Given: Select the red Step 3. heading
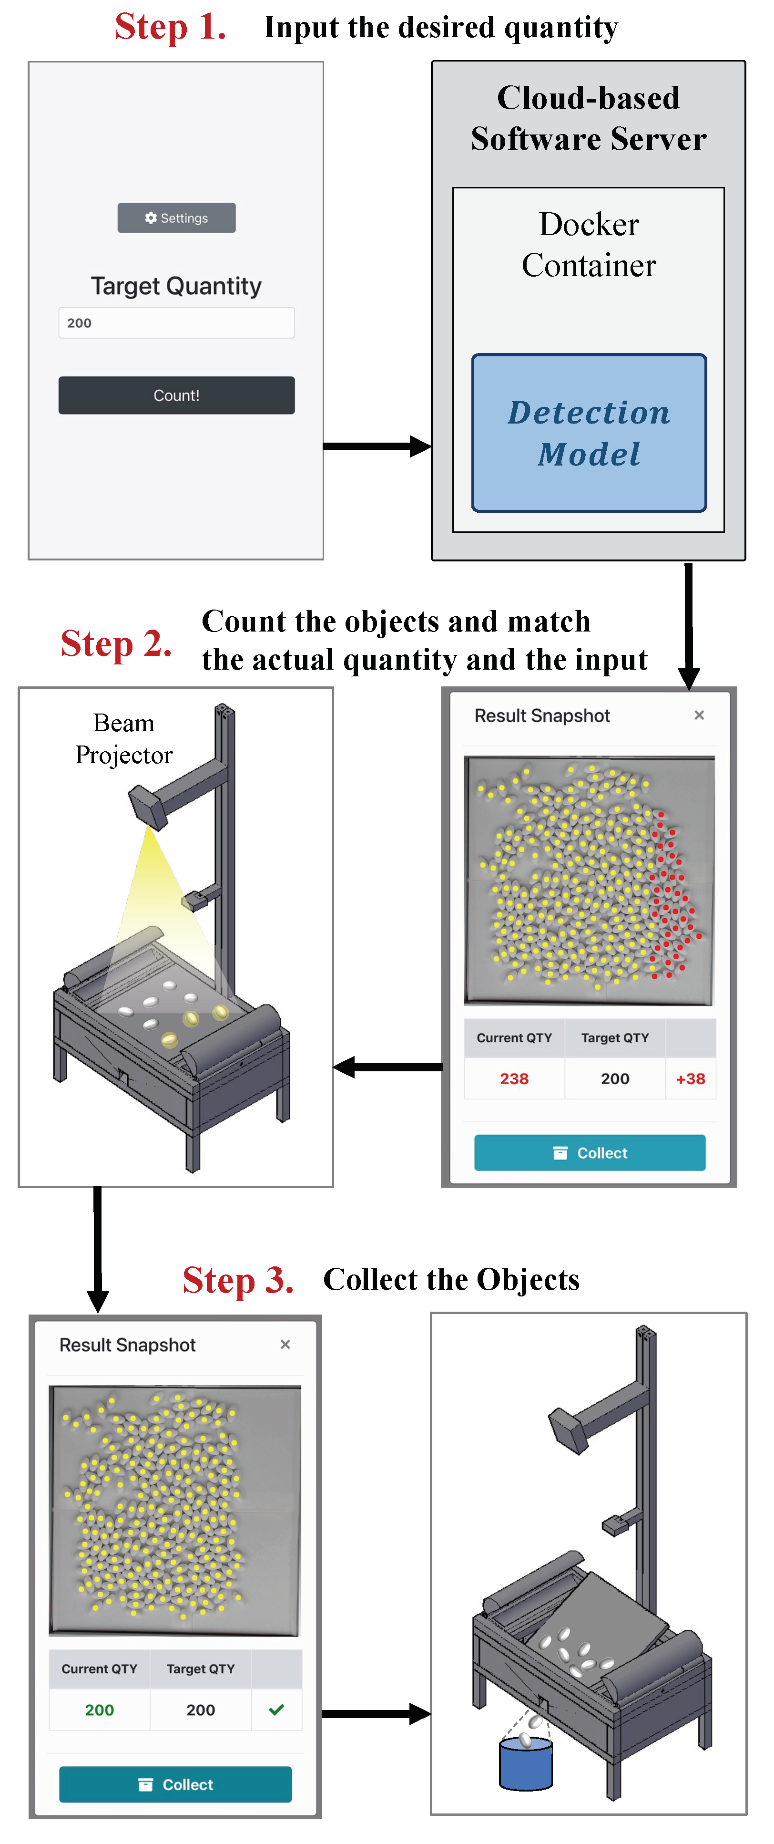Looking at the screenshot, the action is pyautogui.click(x=238, y=1280).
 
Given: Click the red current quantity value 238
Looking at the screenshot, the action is pyautogui.click(x=514, y=1079).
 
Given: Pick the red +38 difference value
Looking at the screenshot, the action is pyautogui.click(x=690, y=1079).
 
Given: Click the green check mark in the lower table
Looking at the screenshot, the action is pyautogui.click(x=276, y=1709).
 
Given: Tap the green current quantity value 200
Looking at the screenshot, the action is pyautogui.click(x=100, y=1710).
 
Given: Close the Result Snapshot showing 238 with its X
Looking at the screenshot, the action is pyautogui.click(x=699, y=715).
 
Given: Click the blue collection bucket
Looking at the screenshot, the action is pyautogui.click(x=526, y=1765).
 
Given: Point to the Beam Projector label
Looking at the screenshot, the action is pyautogui.click(x=124, y=739).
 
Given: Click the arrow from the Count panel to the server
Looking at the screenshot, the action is pyautogui.click(x=377, y=446).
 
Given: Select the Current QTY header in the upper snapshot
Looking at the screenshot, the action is pyautogui.click(x=514, y=1038).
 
